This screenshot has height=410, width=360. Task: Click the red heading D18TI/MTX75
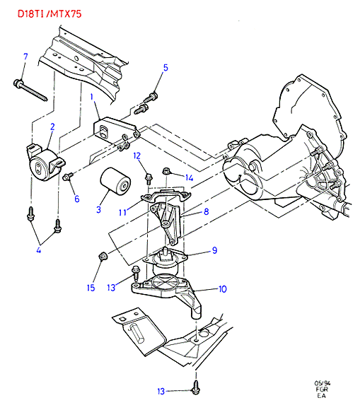click(50, 14)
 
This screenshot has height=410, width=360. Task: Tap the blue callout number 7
click(25, 57)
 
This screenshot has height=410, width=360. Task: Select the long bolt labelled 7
click(30, 90)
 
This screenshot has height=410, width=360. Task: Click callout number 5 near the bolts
click(166, 67)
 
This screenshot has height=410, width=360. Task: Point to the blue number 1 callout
click(92, 97)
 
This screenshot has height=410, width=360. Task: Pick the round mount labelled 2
click(45, 163)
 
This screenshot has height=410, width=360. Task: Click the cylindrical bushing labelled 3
click(115, 181)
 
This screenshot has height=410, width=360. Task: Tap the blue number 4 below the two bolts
click(39, 250)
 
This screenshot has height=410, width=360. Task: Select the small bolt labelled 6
click(67, 177)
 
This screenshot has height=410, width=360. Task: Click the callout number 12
click(137, 156)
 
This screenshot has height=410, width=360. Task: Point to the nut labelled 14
click(166, 172)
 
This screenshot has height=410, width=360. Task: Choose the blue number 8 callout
click(206, 211)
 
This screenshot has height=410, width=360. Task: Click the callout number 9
click(214, 250)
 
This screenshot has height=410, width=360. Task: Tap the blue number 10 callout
click(222, 289)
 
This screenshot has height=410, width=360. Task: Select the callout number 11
click(122, 212)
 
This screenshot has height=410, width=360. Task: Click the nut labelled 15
click(103, 256)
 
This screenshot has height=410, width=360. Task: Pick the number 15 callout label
click(91, 288)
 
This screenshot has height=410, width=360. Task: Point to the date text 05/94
click(322, 383)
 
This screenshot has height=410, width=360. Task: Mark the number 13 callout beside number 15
click(111, 288)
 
